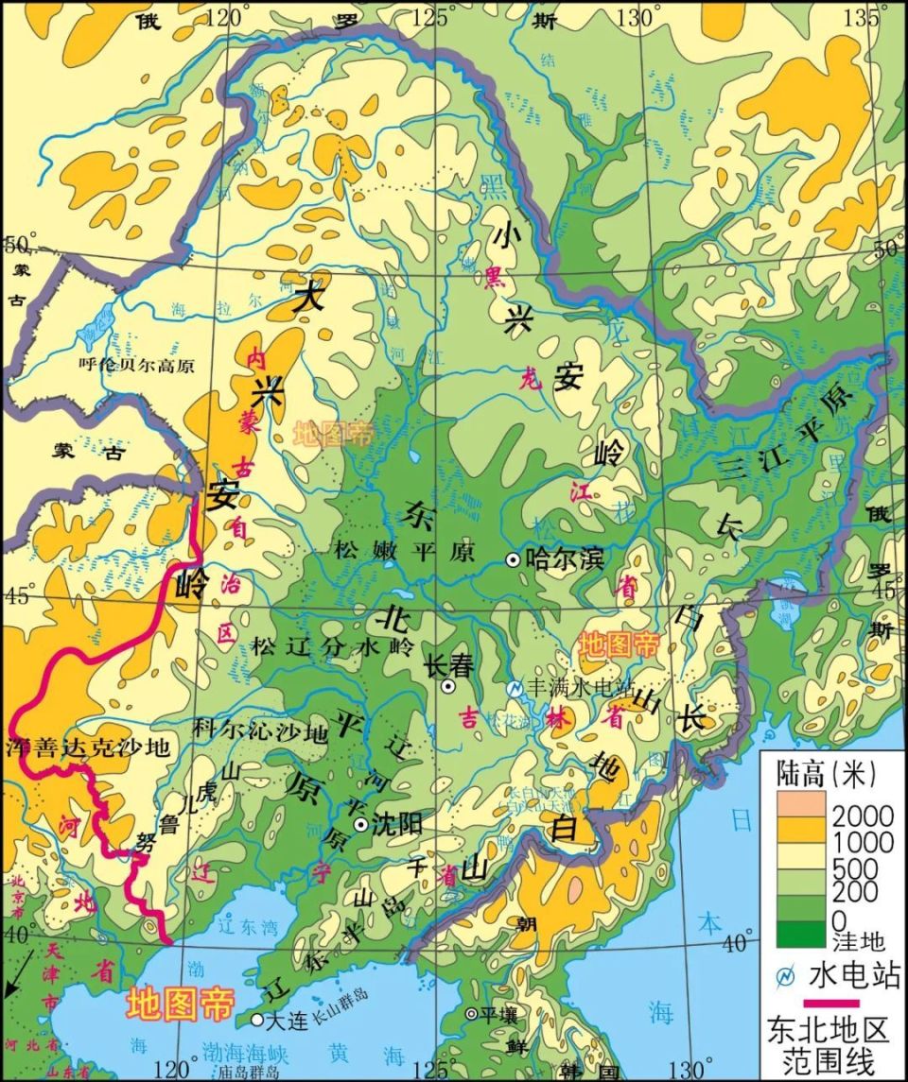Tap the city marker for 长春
tap(449, 686)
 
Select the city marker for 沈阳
tap(360, 825)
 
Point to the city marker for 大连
tap(257, 1020)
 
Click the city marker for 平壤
tap(471, 1014)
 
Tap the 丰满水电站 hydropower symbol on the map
tap(514, 689)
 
